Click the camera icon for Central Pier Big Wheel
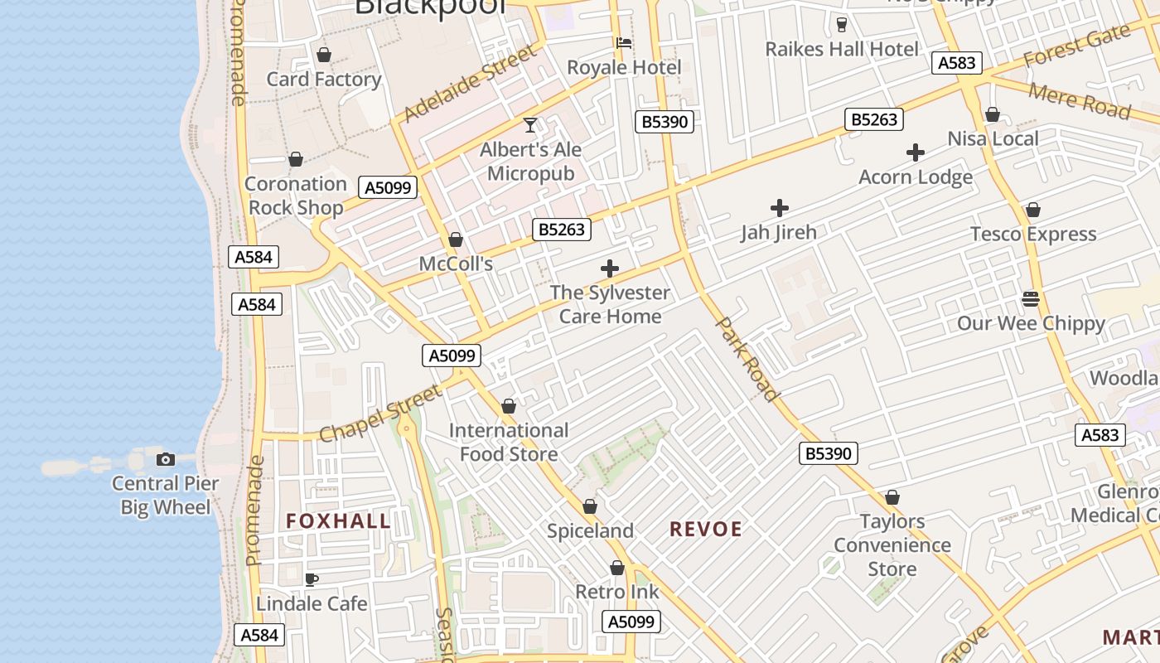[x=166, y=459]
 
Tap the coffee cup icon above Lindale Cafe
[x=312, y=578]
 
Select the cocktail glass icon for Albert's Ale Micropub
[x=530, y=125]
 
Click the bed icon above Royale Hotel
[x=624, y=43]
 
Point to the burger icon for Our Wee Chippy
[x=1031, y=298]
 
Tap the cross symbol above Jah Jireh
[x=779, y=208]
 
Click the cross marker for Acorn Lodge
[x=916, y=152]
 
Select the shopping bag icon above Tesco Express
[x=1032, y=210]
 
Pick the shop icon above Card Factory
[x=324, y=55]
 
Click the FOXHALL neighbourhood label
[x=338, y=521]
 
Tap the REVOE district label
[x=706, y=530]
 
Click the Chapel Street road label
[x=380, y=414]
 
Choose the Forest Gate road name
[x=1076, y=47]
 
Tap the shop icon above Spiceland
[x=590, y=506]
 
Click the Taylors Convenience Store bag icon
[x=892, y=497]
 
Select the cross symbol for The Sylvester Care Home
[x=610, y=269]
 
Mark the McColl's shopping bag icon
[x=455, y=240]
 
